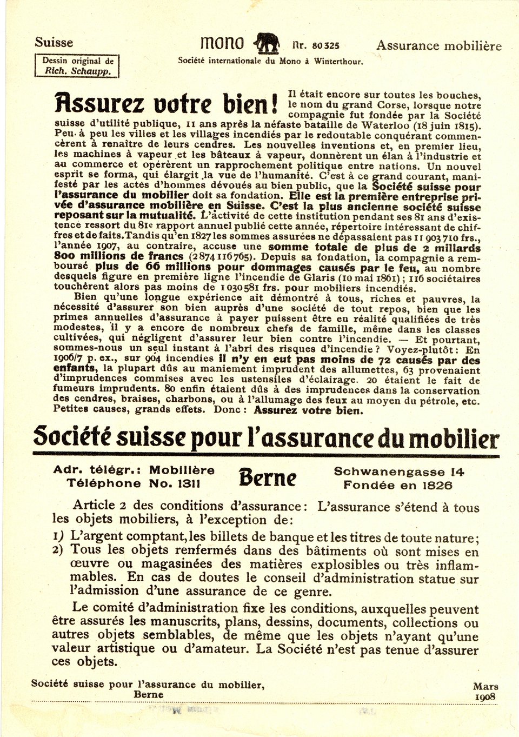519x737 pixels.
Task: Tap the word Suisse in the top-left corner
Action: point(54,43)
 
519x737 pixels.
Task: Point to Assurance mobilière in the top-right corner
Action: point(439,46)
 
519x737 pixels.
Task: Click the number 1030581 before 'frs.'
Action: point(243,288)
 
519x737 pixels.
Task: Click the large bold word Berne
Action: point(268,477)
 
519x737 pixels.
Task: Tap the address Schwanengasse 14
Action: point(399,472)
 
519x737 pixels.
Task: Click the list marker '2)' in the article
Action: point(58,550)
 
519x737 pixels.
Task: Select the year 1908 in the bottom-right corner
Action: point(485,696)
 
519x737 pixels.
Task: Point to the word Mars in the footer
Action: point(485,686)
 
